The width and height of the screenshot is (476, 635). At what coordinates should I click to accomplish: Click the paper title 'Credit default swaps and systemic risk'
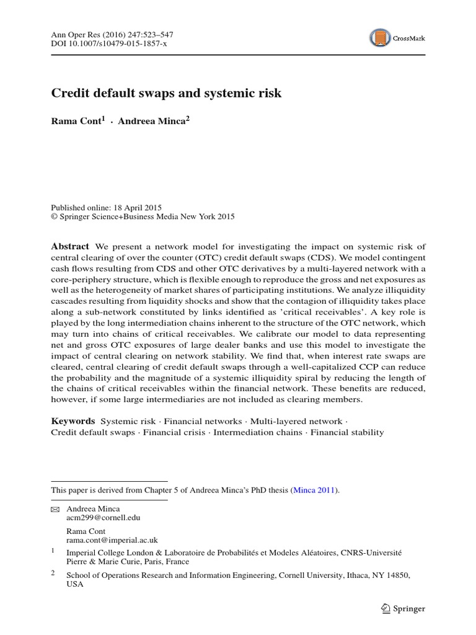click(x=165, y=94)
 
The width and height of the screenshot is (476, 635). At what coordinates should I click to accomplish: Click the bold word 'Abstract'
click(x=69, y=246)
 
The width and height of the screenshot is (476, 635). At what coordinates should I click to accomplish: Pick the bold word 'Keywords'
click(x=73, y=420)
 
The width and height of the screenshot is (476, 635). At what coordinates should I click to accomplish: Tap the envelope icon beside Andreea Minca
click(x=56, y=508)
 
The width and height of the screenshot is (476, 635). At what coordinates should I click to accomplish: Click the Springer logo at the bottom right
click(x=402, y=608)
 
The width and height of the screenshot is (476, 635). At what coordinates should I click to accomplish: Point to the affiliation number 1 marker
click(x=53, y=550)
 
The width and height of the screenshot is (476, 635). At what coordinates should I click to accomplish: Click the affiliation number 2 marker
click(x=53, y=574)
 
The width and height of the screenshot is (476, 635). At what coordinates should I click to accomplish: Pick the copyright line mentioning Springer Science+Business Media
click(x=143, y=216)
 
